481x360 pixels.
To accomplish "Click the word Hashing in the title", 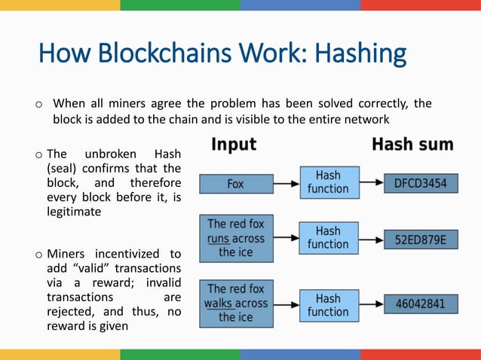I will coord(360,53).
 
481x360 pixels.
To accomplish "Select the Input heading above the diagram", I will coord(233,144).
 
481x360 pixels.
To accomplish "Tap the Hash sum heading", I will coord(412,144).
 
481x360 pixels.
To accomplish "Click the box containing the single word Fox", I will coord(235,183).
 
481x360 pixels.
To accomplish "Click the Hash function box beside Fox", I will coord(328,182).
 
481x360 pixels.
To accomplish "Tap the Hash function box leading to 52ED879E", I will coord(328,238).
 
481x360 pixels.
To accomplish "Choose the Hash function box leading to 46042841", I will coord(328,305).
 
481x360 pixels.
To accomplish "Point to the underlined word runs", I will coord(219,239).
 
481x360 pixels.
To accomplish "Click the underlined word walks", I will coord(219,304).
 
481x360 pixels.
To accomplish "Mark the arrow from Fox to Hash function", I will coord(286,183).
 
